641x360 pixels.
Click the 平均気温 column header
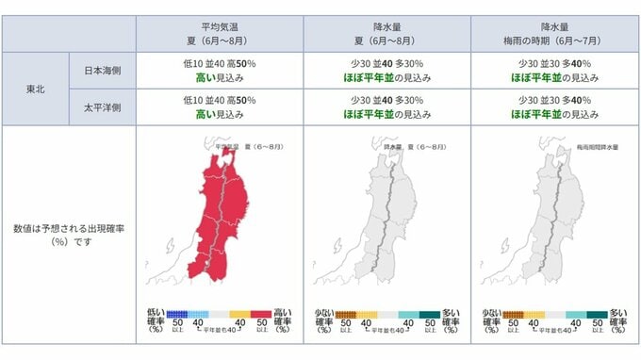point(220,35)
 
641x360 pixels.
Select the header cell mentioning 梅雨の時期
point(554,35)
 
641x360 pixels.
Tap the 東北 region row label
point(35,90)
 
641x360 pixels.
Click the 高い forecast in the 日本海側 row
point(220,78)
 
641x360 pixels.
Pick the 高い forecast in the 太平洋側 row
point(220,116)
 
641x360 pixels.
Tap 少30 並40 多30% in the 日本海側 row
point(387,64)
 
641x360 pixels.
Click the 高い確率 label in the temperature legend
point(282,320)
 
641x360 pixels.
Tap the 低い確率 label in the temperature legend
point(156,320)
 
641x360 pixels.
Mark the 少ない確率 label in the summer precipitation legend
point(323,320)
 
